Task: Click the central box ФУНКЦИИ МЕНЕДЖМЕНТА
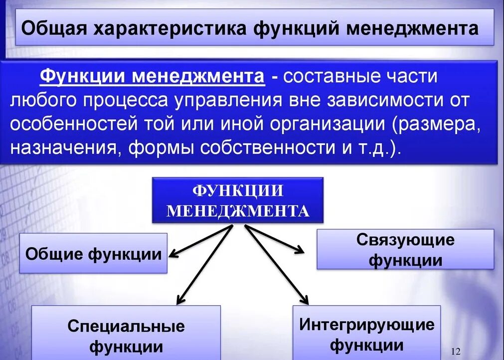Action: pyautogui.click(x=238, y=200)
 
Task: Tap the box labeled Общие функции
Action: pyautogui.click(x=93, y=253)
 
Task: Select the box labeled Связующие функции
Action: pyautogui.click(x=405, y=249)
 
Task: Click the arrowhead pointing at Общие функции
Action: pyautogui.click(x=172, y=255)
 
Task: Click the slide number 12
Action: pyautogui.click(x=455, y=352)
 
